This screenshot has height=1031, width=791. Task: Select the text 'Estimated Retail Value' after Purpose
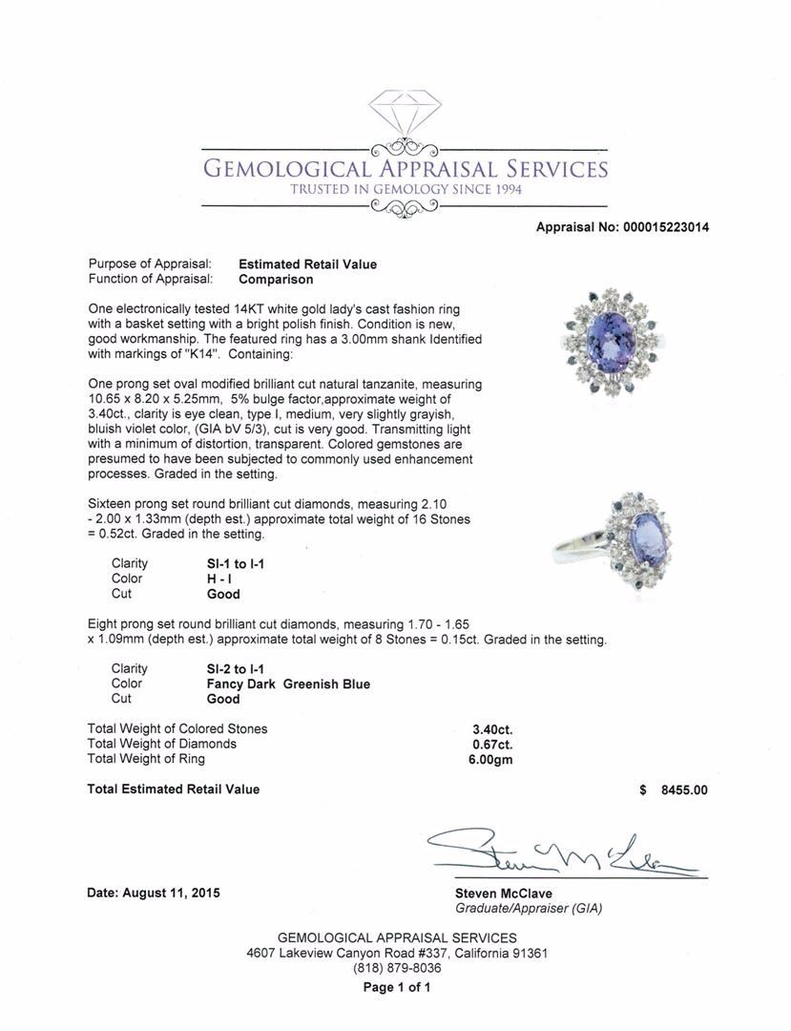pyautogui.click(x=307, y=264)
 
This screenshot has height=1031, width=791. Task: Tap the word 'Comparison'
pyautogui.click(x=276, y=280)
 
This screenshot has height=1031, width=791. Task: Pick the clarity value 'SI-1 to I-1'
pyautogui.click(x=229, y=564)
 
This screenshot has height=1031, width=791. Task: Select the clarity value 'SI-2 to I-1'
pyautogui.click(x=229, y=669)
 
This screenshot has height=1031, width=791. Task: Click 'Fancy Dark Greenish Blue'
pyautogui.click(x=281, y=684)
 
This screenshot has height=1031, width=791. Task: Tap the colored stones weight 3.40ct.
pyautogui.click(x=492, y=728)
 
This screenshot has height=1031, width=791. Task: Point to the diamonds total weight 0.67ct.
pyautogui.click(x=492, y=744)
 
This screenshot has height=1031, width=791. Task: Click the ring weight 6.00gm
pyautogui.click(x=492, y=759)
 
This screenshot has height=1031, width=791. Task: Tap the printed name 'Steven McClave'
pyautogui.click(x=503, y=894)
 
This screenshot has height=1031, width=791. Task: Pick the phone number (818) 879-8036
pyautogui.click(x=397, y=967)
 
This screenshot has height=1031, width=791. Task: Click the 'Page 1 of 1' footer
pyautogui.click(x=397, y=987)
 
